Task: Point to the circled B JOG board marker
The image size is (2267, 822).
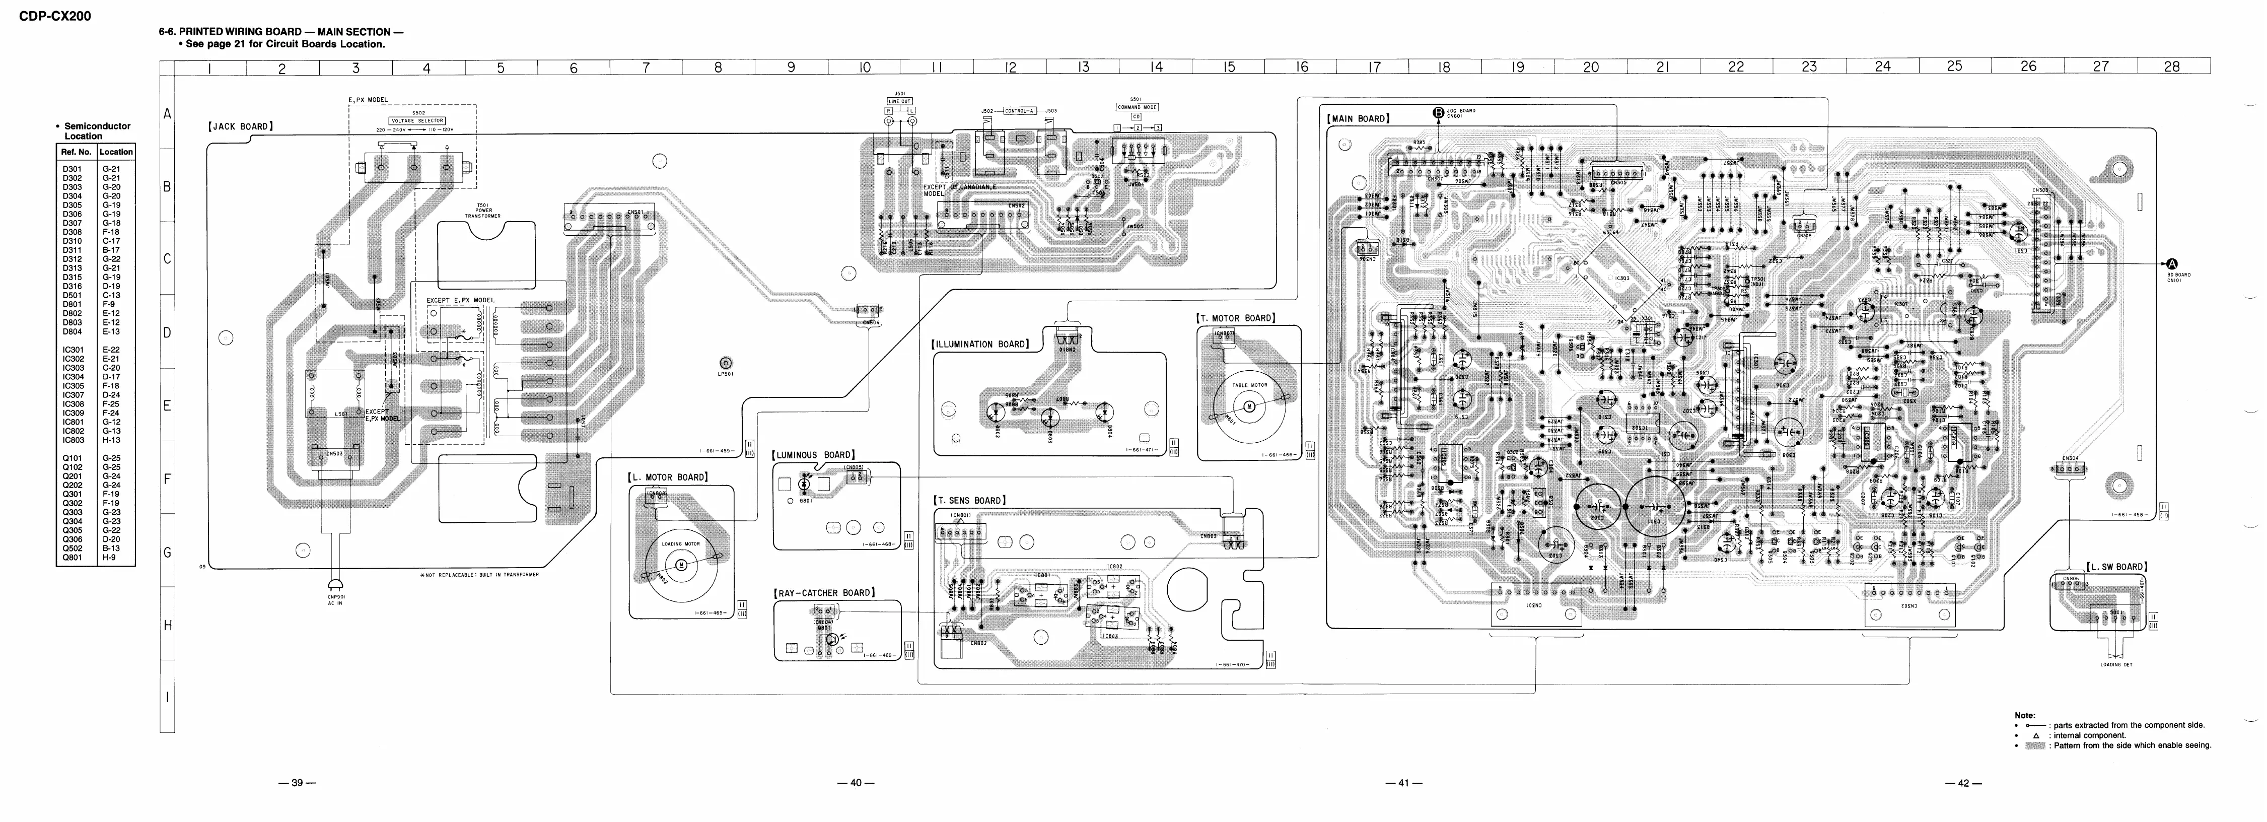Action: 1438,112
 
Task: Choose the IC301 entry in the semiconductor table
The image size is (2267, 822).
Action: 73,350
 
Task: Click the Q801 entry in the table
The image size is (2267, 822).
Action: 73,557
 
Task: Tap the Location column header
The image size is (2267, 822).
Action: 116,152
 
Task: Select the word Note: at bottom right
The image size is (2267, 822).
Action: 2024,716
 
